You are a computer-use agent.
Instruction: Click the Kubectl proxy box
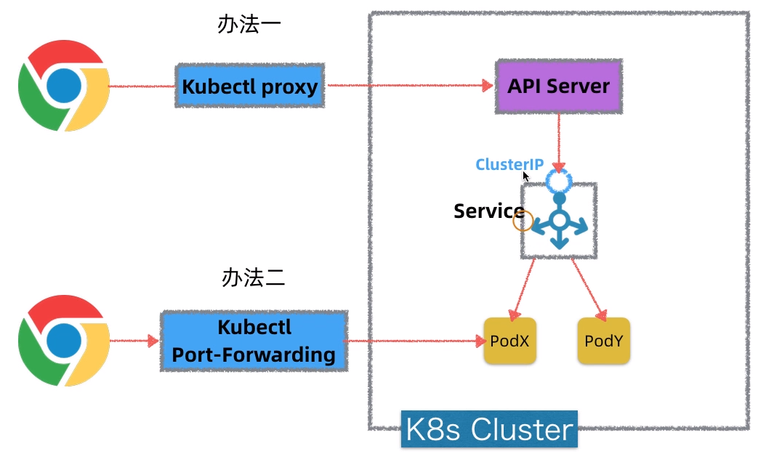pos(249,86)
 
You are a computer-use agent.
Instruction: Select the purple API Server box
pos(558,86)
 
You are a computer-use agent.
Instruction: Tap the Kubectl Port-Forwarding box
pos(253,341)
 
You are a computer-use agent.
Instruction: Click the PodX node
pos(509,341)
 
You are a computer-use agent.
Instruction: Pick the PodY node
pos(603,341)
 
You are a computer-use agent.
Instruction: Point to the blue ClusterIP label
pos(509,164)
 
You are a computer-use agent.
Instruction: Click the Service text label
pos(488,211)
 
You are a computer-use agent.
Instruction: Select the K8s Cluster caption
pos(489,429)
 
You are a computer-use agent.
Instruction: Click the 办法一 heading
pos(249,25)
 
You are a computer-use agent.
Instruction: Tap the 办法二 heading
pos(253,277)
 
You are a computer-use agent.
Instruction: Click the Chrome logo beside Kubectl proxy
pos(64,86)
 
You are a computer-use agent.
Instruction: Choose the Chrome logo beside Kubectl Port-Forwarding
pos(64,340)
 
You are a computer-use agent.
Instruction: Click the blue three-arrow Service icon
pos(559,221)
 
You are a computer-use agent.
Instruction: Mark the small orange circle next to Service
pos(523,221)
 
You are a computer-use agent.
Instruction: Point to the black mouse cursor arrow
pos(525,175)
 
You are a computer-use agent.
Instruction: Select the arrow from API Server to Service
pos(559,142)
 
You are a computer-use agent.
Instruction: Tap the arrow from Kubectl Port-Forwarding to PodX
pos(414,341)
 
